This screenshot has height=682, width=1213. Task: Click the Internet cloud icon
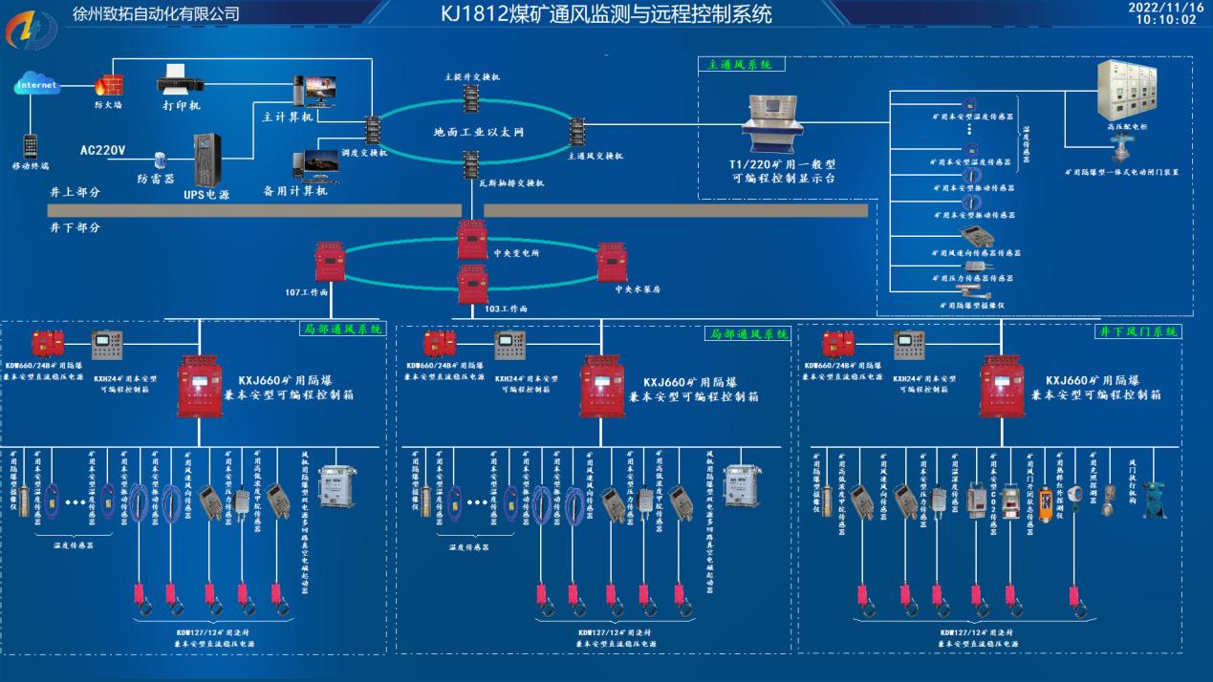[37, 86]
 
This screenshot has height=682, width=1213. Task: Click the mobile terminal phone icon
[32, 145]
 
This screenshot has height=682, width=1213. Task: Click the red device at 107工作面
[330, 261]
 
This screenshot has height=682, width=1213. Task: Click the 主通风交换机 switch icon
[576, 131]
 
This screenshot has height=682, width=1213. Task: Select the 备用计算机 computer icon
[315, 165]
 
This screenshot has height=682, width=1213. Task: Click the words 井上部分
[76, 192]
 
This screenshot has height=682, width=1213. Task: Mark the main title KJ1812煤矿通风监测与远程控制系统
[606, 14]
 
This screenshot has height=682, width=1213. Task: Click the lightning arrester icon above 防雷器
[159, 159]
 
